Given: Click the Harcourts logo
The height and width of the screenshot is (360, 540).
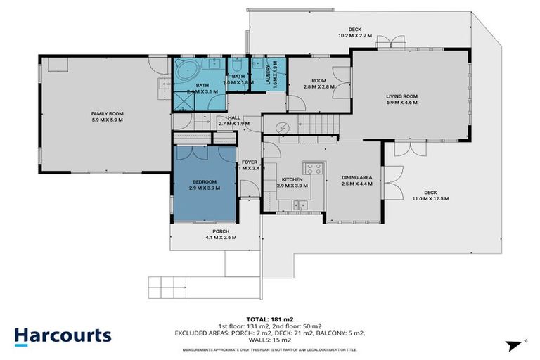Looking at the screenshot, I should coord(62,335).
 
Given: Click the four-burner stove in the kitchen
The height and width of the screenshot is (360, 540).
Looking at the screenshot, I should coord(312,168).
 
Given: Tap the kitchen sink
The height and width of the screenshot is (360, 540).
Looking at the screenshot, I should coord(303,205).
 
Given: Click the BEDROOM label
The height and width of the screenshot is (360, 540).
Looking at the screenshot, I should coord(202,181).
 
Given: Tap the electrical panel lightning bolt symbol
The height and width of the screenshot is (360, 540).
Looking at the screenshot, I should coord(283,128).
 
